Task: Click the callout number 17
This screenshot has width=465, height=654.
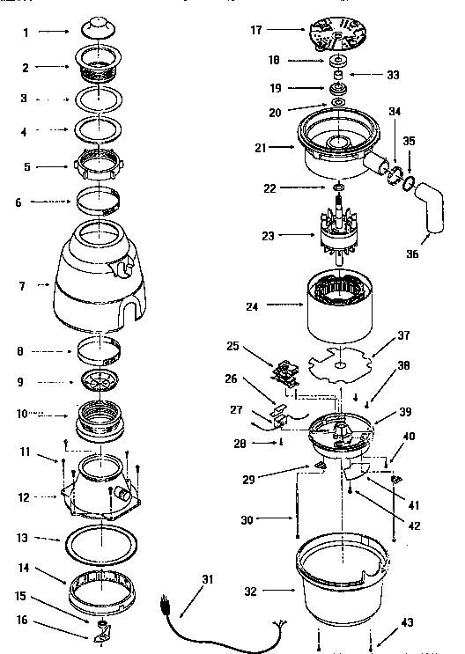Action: point(256,29)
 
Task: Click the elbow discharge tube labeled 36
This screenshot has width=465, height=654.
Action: point(432,209)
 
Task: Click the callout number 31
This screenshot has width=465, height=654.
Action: point(208,579)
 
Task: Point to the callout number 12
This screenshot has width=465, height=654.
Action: point(26,498)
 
